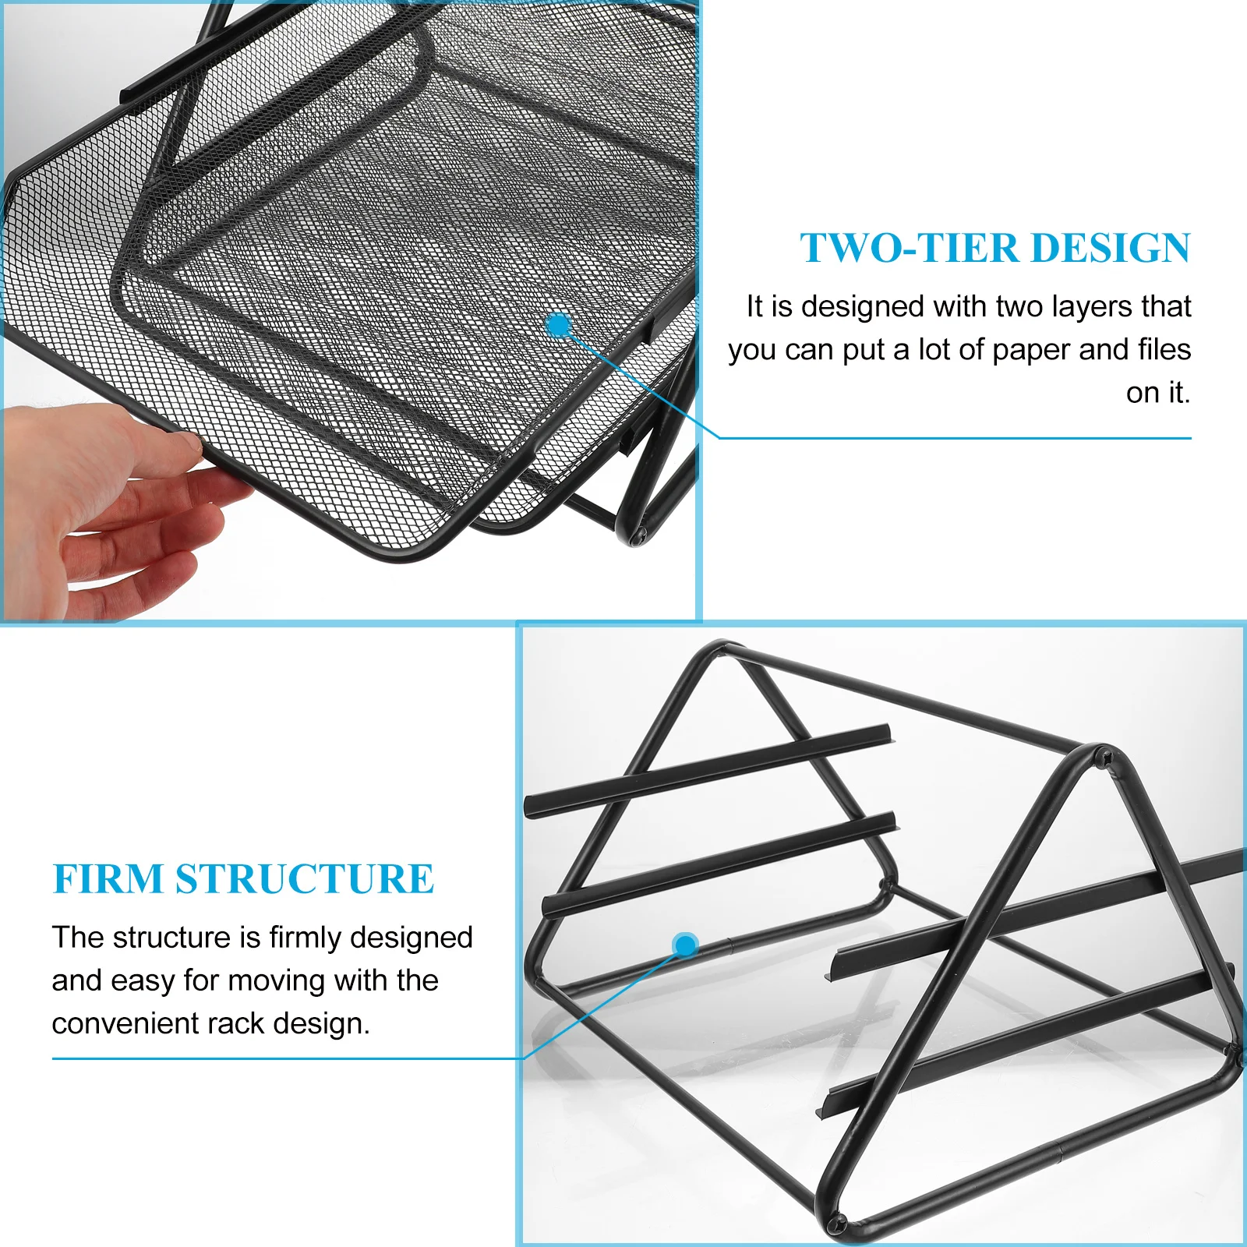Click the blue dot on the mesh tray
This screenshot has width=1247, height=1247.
[x=559, y=325]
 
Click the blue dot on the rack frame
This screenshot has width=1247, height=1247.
[x=684, y=945]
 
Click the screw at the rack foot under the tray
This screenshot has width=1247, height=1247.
[x=639, y=535]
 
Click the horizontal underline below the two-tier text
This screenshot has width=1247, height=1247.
[x=955, y=438]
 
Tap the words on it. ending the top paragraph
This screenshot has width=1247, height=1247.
[x=1158, y=392]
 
